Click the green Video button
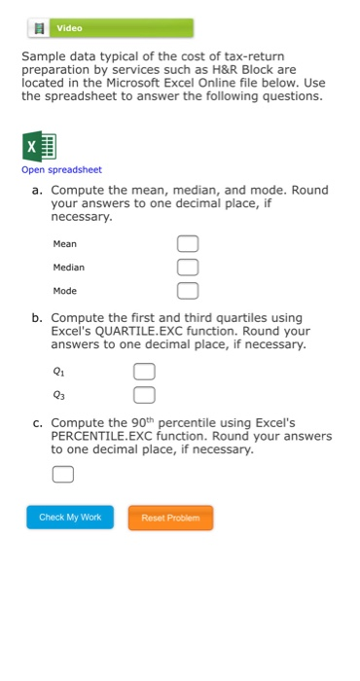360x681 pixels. (x=108, y=28)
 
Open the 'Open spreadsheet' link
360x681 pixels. (x=61, y=170)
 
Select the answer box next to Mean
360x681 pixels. (x=187, y=243)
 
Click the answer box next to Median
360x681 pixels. (x=187, y=267)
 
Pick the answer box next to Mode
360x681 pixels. (x=187, y=290)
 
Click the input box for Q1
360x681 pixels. (x=143, y=371)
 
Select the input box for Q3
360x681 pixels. (x=143, y=394)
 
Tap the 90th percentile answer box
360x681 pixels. (x=62, y=475)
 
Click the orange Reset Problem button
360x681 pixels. (x=170, y=518)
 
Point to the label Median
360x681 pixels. (x=69, y=267)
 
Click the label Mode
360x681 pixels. (x=65, y=290)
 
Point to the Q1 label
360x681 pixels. (x=58, y=371)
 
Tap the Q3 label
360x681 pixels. (x=58, y=394)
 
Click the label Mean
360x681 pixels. (x=65, y=243)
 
